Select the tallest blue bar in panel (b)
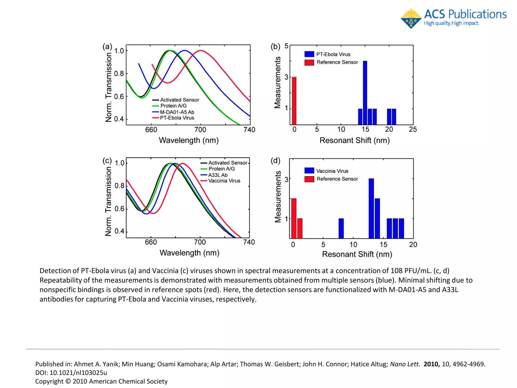365,93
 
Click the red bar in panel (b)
294,101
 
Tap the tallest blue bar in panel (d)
371,208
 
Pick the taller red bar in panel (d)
294,218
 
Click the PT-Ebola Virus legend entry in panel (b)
333,54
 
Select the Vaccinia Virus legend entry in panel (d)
332,171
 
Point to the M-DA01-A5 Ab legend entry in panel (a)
177,112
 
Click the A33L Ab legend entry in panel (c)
218,175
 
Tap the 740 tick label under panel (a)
249,130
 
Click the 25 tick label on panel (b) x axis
413,129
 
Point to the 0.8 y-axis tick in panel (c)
119,186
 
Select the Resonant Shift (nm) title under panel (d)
357,254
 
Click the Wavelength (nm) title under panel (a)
189,140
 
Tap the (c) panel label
107,161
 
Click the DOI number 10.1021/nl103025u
78,373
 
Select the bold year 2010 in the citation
431,364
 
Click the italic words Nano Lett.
405,364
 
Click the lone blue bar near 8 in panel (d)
341,228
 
